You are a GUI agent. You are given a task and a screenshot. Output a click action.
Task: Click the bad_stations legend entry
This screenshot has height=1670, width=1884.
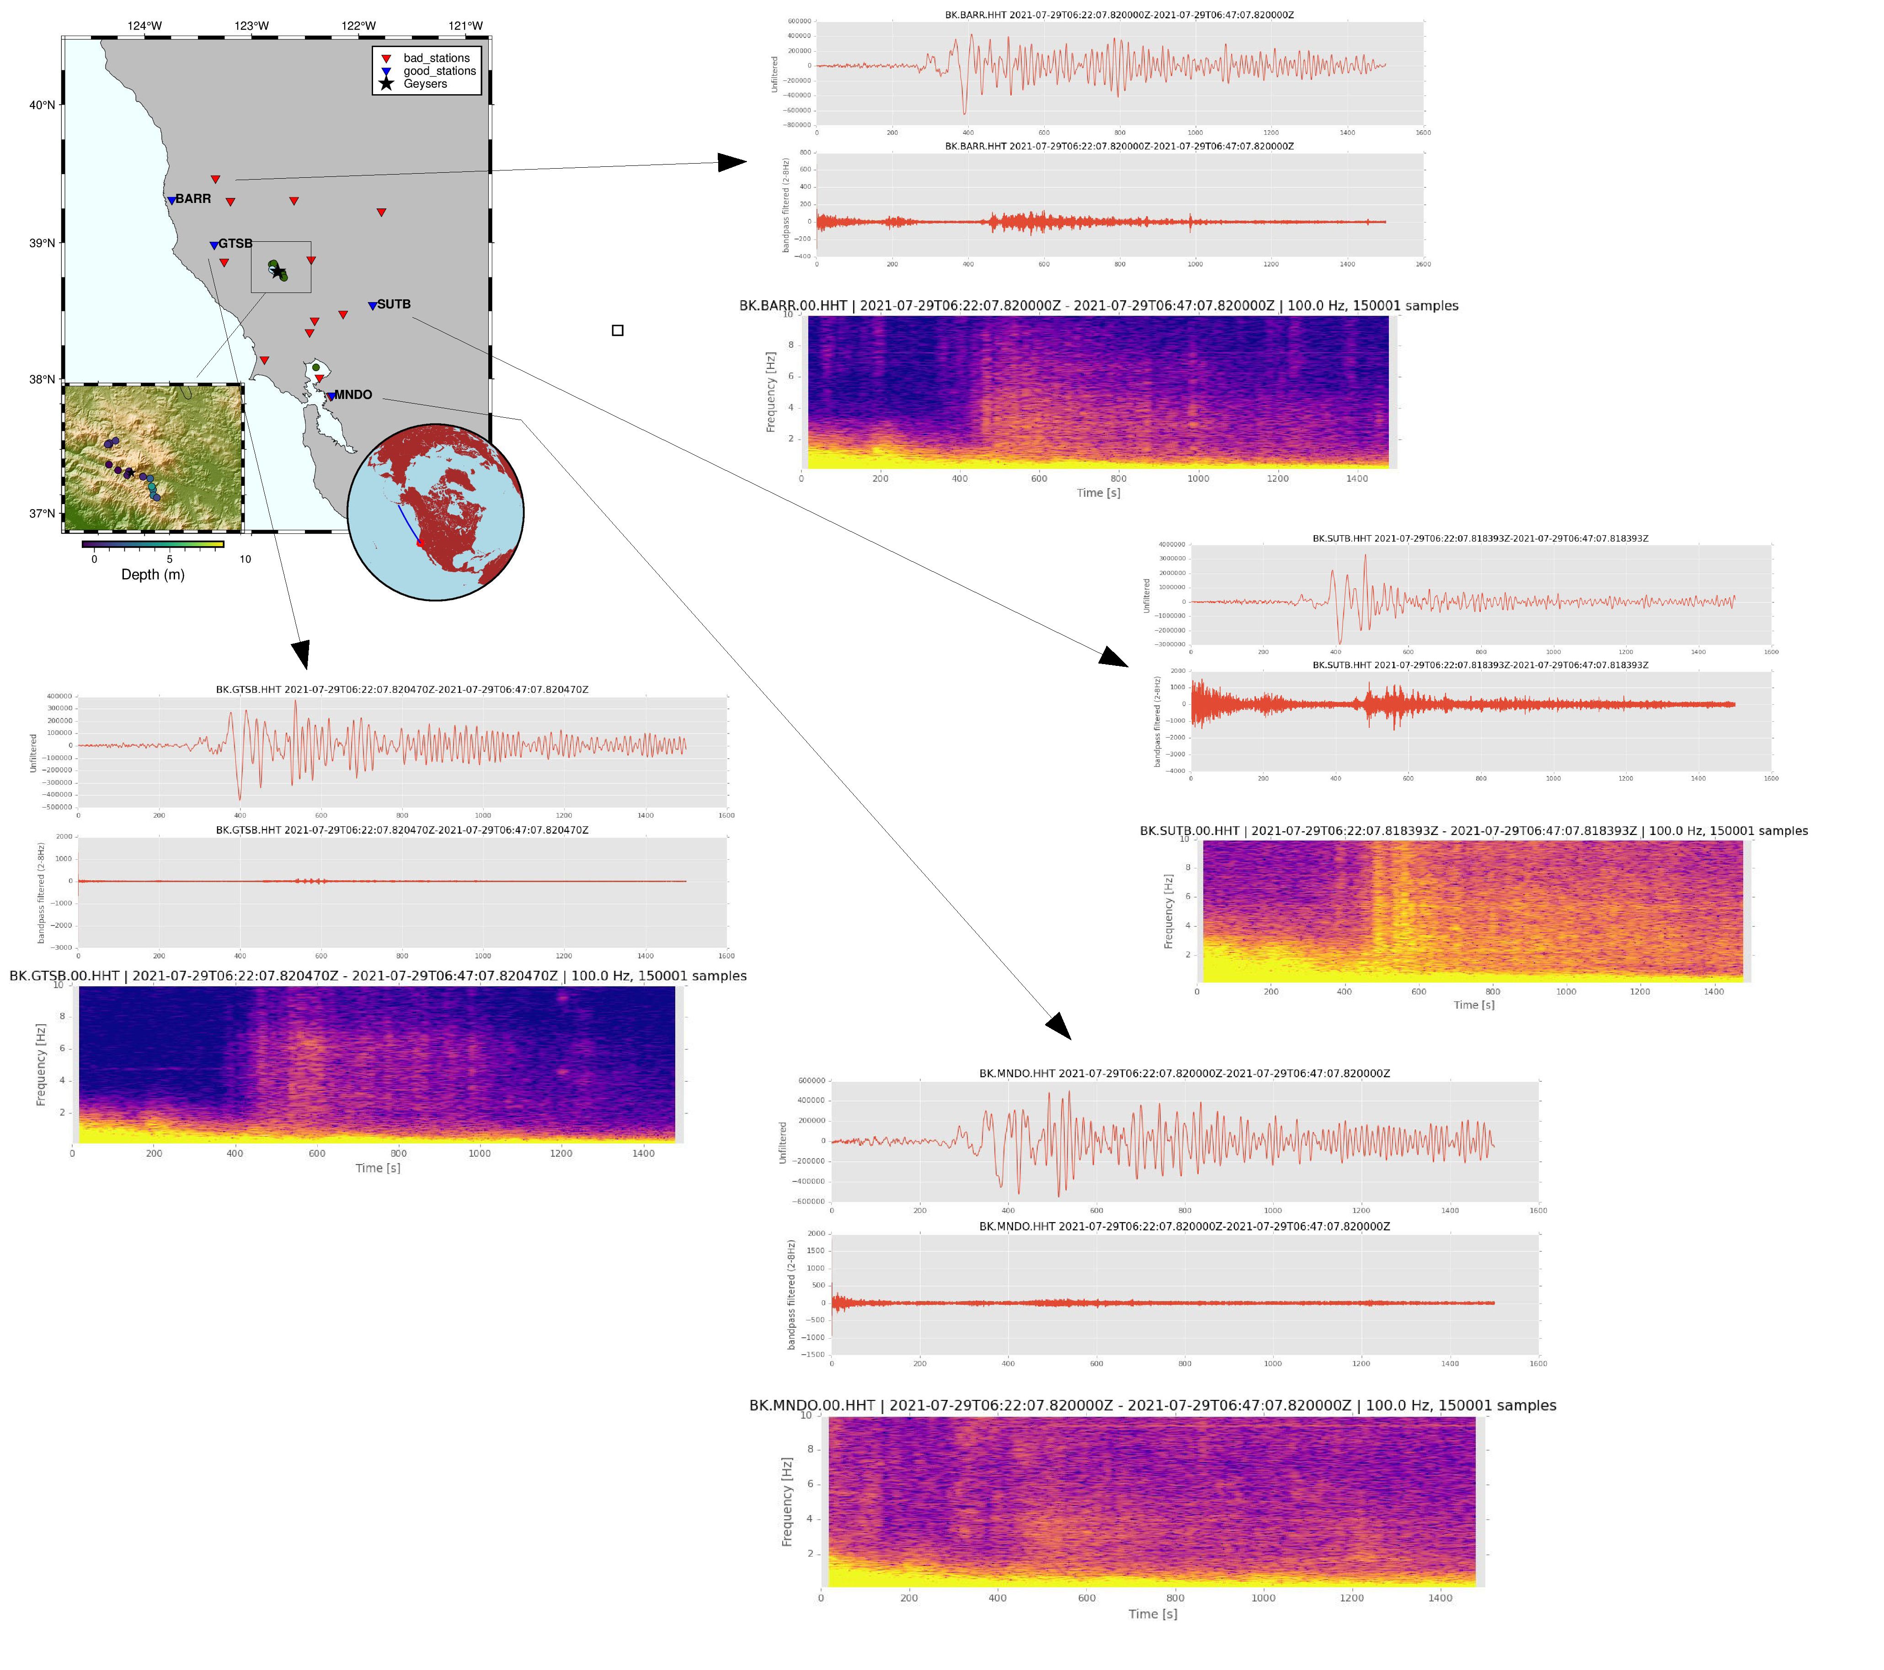[436, 58]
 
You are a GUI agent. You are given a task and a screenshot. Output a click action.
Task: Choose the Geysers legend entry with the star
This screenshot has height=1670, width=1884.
[425, 84]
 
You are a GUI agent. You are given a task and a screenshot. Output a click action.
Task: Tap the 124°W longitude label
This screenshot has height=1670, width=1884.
[145, 26]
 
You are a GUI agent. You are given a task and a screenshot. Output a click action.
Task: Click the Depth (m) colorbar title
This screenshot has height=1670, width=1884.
[153, 575]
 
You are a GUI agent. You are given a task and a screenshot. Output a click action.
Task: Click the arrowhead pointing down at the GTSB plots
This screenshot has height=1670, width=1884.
[300, 654]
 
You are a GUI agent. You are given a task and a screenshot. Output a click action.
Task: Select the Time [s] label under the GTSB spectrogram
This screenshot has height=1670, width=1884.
[378, 1169]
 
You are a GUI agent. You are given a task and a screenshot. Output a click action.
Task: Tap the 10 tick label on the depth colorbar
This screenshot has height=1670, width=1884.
[245, 559]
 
